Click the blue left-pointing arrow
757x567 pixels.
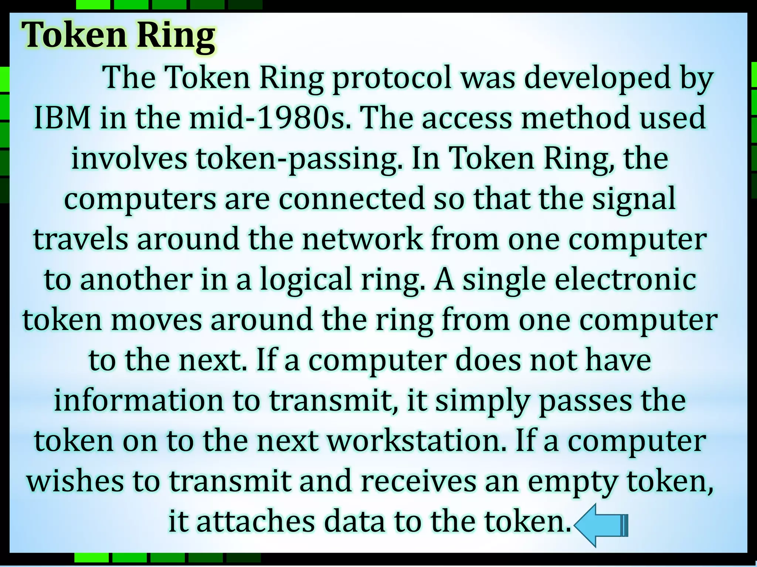click(600, 525)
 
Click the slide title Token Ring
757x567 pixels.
click(118, 36)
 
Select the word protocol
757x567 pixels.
click(392, 78)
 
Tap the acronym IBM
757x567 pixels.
click(62, 118)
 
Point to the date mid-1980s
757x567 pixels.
click(270, 118)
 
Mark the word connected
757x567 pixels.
click(351, 199)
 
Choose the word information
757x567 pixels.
click(139, 401)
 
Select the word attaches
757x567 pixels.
click(255, 522)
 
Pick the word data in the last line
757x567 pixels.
click(354, 522)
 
